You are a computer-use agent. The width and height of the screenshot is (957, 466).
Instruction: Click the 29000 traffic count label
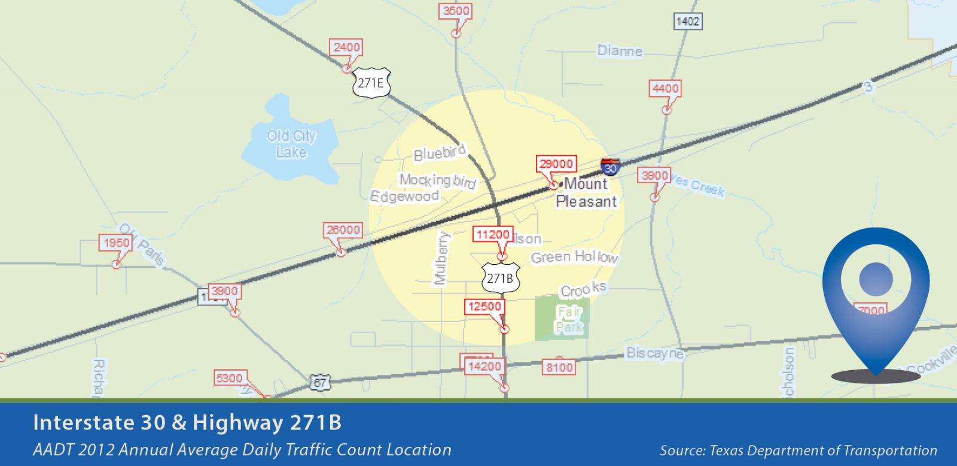(556, 164)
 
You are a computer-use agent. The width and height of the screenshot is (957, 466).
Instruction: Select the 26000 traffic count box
(343, 230)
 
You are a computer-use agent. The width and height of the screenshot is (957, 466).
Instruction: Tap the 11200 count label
(493, 235)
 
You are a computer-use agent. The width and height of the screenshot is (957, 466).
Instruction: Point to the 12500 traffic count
(484, 307)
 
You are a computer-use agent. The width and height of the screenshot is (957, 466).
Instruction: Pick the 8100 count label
(559, 367)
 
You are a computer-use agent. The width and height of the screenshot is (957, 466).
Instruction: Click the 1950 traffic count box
(116, 243)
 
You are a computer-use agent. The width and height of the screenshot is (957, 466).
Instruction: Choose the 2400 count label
(347, 47)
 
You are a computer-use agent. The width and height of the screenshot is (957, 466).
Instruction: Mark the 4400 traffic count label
(665, 89)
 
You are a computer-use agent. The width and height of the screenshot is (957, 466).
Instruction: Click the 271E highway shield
(371, 83)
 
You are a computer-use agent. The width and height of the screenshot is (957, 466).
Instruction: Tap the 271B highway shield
(501, 279)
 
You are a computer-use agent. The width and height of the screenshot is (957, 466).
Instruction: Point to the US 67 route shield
(321, 382)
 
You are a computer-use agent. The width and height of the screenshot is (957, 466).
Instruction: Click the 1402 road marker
(687, 22)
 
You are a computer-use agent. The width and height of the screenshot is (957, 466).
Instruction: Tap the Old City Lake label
(291, 144)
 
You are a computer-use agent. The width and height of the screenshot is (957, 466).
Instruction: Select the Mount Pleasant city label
(586, 192)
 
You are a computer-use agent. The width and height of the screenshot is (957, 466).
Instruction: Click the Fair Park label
(569, 320)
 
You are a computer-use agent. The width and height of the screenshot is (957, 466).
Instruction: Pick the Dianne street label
(620, 51)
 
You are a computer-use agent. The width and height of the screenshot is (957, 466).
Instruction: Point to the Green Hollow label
(574, 257)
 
